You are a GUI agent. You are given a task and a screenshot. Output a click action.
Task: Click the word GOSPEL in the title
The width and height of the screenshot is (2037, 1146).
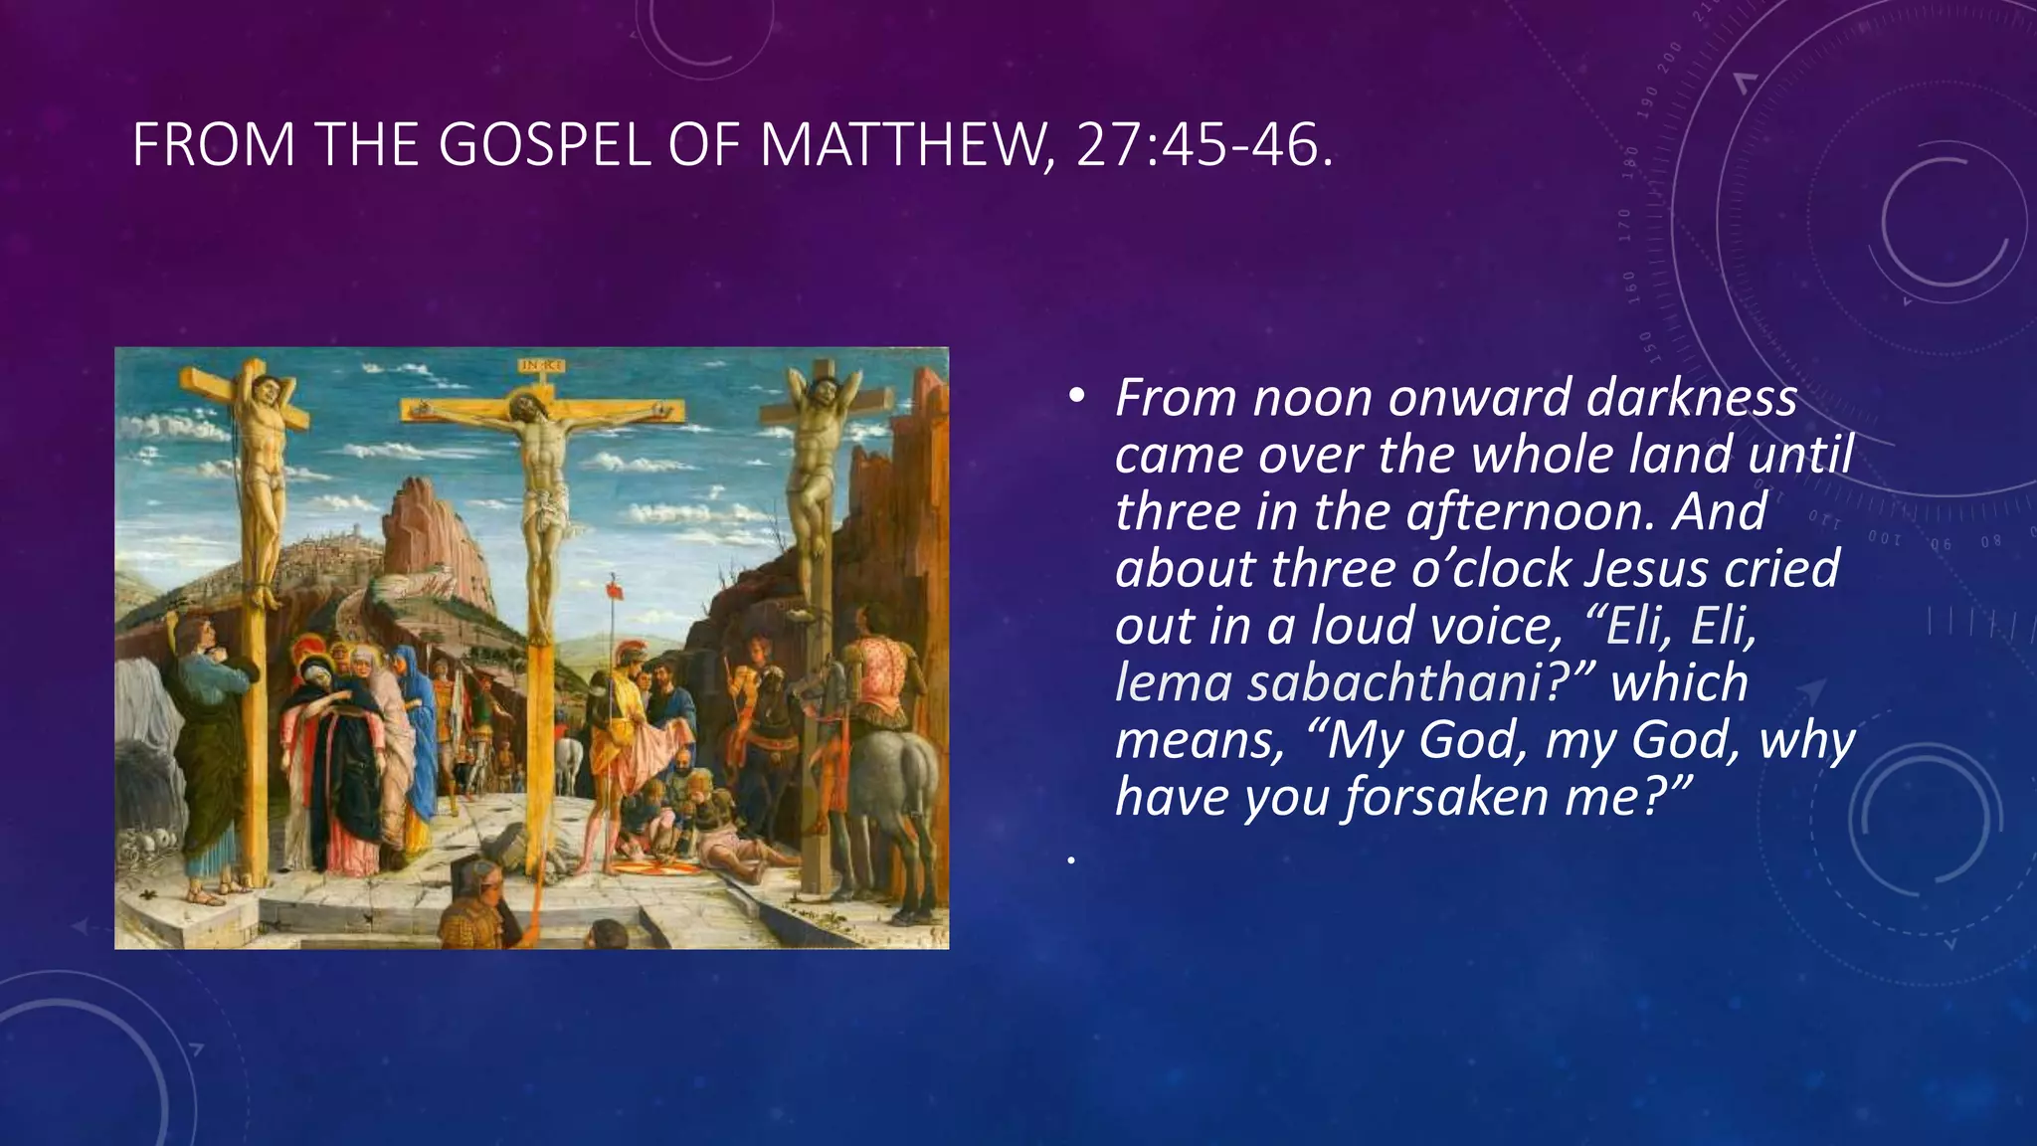544,145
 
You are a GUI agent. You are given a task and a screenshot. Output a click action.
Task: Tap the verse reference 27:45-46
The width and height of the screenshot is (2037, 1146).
1203,145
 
